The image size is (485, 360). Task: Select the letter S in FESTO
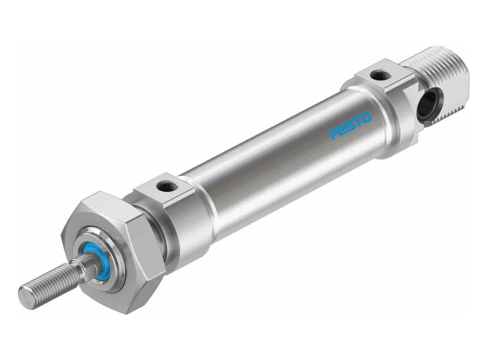(x=351, y=126)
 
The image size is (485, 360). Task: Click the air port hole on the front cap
(x=166, y=183)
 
